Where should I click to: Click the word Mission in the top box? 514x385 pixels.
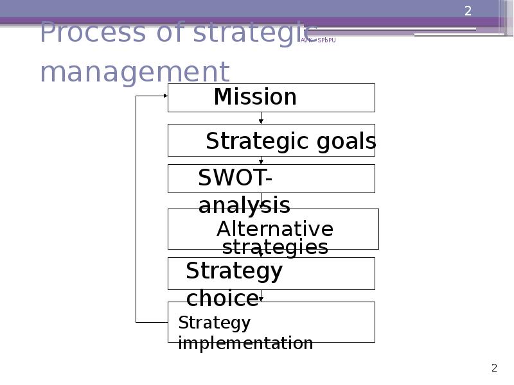(255, 98)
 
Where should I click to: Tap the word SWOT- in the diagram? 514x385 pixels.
(235, 178)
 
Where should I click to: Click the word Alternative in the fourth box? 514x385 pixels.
(274, 229)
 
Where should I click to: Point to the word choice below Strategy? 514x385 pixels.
(222, 298)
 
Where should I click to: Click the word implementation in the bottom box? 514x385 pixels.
(245, 343)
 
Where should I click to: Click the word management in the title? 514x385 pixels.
(134, 72)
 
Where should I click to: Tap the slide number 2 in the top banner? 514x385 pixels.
(468, 11)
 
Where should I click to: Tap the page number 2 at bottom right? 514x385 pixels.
(494, 368)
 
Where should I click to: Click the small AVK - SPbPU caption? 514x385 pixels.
(318, 40)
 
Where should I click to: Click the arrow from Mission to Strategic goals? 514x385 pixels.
(261, 118)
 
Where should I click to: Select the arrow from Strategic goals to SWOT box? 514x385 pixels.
(261, 160)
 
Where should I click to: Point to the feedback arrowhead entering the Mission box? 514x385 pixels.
(164, 96)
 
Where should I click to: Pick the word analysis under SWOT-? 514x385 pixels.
(244, 206)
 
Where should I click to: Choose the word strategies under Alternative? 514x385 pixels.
(274, 248)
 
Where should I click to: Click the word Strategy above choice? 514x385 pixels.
(234, 271)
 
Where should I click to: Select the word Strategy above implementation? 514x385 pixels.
(214, 322)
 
